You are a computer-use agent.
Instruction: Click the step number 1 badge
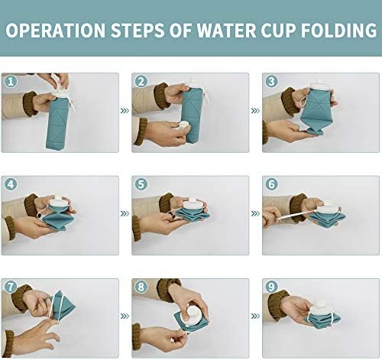point(11,81)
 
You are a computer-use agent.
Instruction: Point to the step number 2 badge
point(141,81)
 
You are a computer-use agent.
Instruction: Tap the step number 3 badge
point(270,81)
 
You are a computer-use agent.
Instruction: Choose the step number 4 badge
point(11,184)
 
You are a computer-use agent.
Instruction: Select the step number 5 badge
point(141,184)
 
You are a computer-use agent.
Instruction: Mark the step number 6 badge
point(270,184)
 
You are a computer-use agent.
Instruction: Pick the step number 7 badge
point(11,287)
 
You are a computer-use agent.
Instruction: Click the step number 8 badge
point(141,287)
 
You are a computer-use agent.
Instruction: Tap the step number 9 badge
point(270,287)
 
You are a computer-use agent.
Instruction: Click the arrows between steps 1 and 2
point(125,111)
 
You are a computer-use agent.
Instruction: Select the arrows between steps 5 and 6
point(255,214)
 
